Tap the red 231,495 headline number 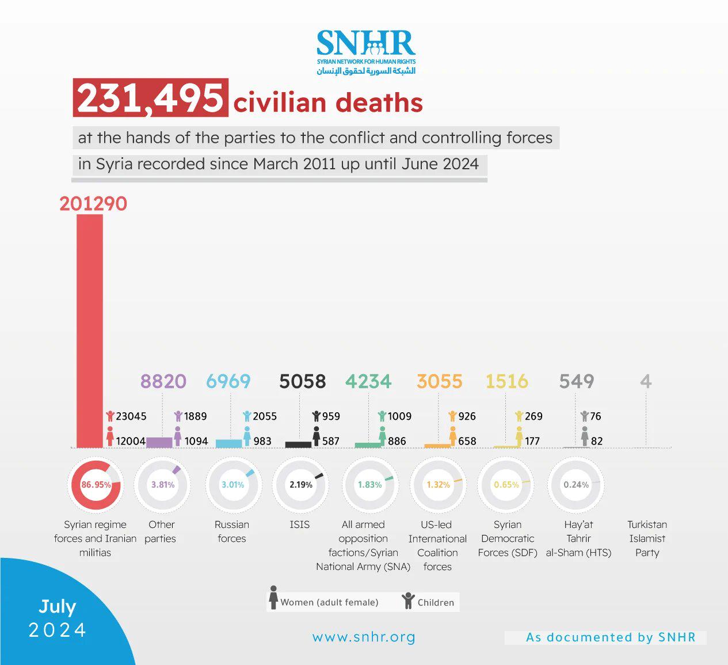150,98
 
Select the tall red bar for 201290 90,330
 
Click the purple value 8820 163,381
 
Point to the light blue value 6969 228,381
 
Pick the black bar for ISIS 298,444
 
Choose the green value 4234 368,381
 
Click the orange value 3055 440,381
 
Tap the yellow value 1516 506,381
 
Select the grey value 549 577,381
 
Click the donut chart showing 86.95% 95,485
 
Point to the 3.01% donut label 232,485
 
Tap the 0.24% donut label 576,485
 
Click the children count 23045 131,416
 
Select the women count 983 262,441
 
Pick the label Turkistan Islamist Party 647,538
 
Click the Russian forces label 232,531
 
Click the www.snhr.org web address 364,637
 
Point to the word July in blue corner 58,607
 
